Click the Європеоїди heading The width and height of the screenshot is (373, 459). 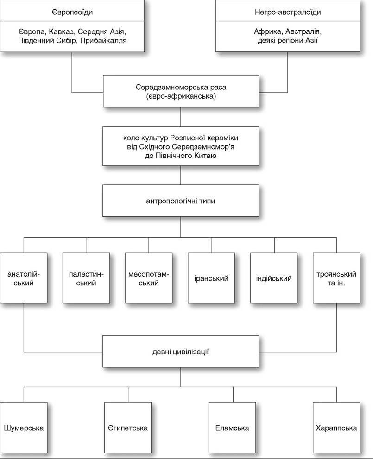tap(72, 13)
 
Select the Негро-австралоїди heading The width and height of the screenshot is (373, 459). tap(288, 13)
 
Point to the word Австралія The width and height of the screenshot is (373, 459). tap(303, 31)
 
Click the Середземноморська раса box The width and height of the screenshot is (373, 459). tap(181, 91)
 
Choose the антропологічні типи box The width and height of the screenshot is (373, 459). tap(181, 201)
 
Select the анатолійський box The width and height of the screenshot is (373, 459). tap(24, 278)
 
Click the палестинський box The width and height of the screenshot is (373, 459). tap(86, 278)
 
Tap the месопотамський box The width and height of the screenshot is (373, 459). tap(149, 278)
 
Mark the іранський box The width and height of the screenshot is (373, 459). tap(211, 278)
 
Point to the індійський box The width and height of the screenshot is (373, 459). tap(274, 278)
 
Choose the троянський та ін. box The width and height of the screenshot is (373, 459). tap(336, 278)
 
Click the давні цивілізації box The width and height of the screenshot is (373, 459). tap(181, 351)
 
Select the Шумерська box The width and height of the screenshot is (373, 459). tap(24, 428)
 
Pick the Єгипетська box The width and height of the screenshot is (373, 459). tap(128, 428)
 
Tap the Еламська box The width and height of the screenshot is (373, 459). tap(232, 428)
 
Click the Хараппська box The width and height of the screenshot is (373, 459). tap(336, 428)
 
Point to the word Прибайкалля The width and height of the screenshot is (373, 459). tap(103, 41)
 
